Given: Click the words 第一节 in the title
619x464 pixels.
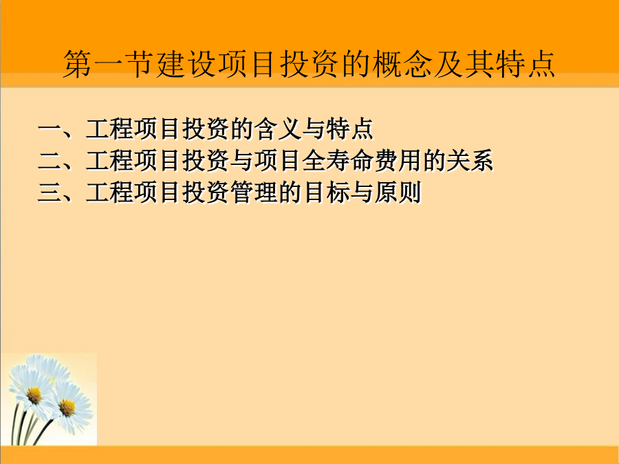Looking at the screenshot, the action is pos(109,64).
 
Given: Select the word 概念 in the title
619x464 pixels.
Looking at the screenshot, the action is pos(402,64).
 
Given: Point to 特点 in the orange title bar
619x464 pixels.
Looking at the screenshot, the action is pos(525,64).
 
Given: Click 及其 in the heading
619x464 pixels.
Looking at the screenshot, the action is pos(464,64).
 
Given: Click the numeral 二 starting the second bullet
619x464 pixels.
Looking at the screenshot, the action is pos(50,161).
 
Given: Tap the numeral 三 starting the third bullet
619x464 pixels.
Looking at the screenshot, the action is pos(50,192).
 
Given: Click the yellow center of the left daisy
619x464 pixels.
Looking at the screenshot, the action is pos(34,395).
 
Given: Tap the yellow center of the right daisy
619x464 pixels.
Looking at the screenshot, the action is pos(67,408).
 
